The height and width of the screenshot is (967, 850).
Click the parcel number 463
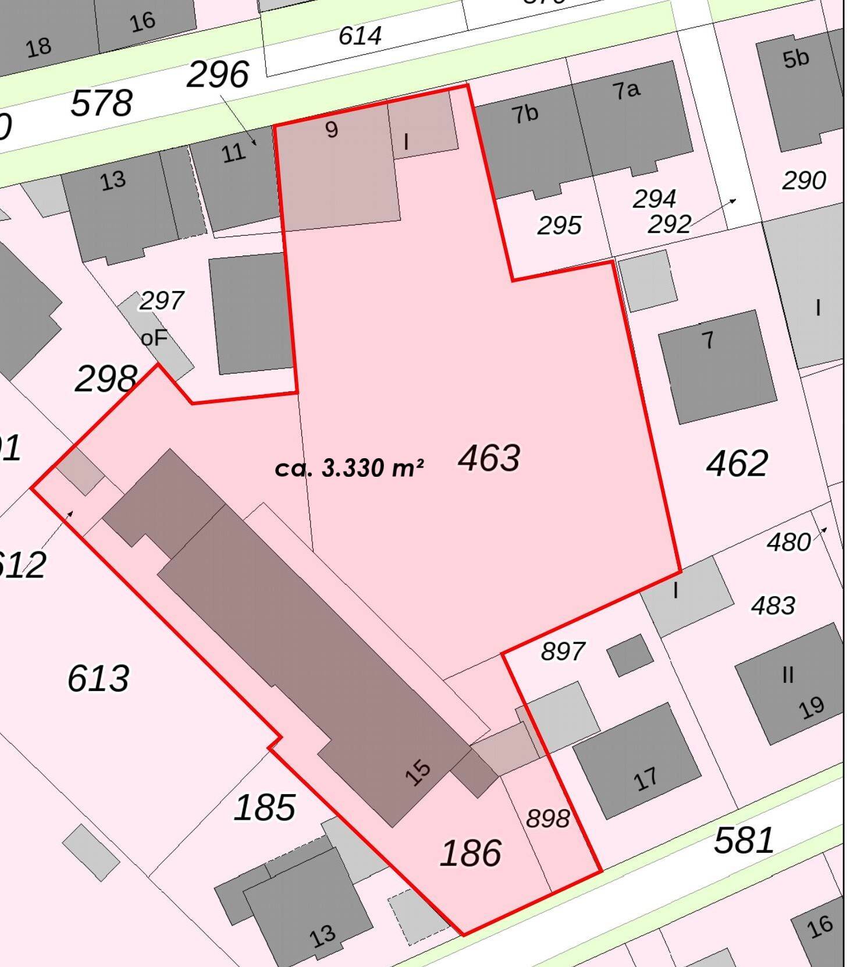click(x=489, y=458)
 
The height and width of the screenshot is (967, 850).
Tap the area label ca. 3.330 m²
click(x=349, y=468)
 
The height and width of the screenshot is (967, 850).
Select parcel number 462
click(x=737, y=463)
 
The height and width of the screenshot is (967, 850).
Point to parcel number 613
click(x=98, y=679)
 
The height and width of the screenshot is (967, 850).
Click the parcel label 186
click(x=471, y=853)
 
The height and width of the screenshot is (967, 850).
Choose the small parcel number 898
click(x=547, y=819)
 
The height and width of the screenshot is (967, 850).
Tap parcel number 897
click(x=563, y=651)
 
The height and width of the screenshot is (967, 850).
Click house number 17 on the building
click(x=646, y=779)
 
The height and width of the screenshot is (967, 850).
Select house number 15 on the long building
click(x=418, y=773)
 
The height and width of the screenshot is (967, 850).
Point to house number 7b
click(x=525, y=114)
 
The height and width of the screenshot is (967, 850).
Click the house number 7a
click(x=626, y=90)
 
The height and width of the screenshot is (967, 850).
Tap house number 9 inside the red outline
click(x=332, y=129)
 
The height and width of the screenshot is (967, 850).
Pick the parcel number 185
click(x=265, y=807)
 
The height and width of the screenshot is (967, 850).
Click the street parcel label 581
click(x=744, y=841)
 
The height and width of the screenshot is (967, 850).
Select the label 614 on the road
click(x=360, y=36)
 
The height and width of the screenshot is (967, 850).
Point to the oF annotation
click(x=154, y=338)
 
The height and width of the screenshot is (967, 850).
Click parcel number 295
click(x=559, y=226)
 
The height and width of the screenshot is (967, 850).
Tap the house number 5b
click(x=795, y=59)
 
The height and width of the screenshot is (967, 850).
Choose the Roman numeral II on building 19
click(x=788, y=675)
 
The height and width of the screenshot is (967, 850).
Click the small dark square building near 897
click(x=630, y=655)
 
